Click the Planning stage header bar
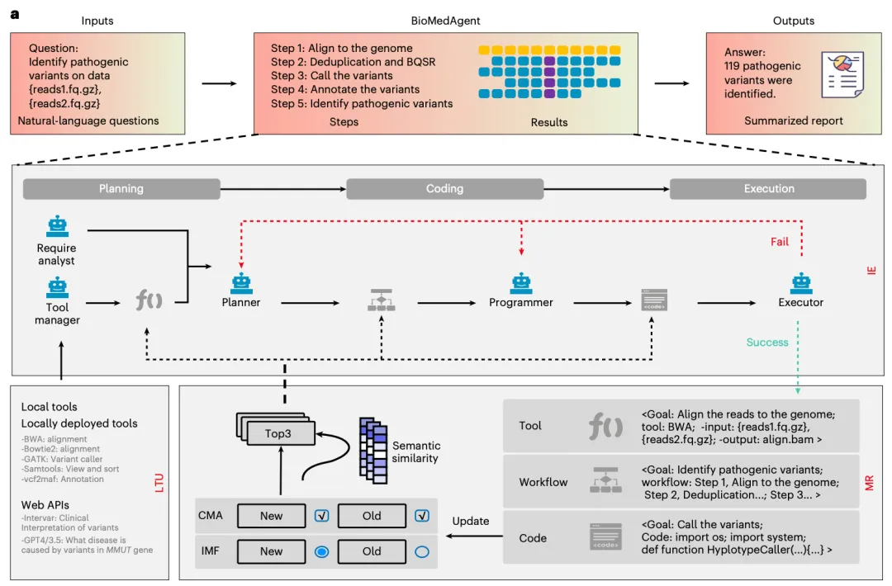121,189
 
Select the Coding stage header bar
445,189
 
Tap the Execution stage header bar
768,189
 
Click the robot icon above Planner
241,283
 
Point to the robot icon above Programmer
521,283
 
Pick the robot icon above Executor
801,283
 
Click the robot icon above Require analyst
57,226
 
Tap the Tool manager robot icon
57,287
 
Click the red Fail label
780,242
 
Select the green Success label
766,343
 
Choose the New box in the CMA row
272,516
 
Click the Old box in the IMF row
372,551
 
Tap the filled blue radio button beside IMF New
321,551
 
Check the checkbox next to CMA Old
422,516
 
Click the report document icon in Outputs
842,74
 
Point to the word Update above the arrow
471,521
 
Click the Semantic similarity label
415,451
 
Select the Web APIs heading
45,505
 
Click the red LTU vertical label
159,483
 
